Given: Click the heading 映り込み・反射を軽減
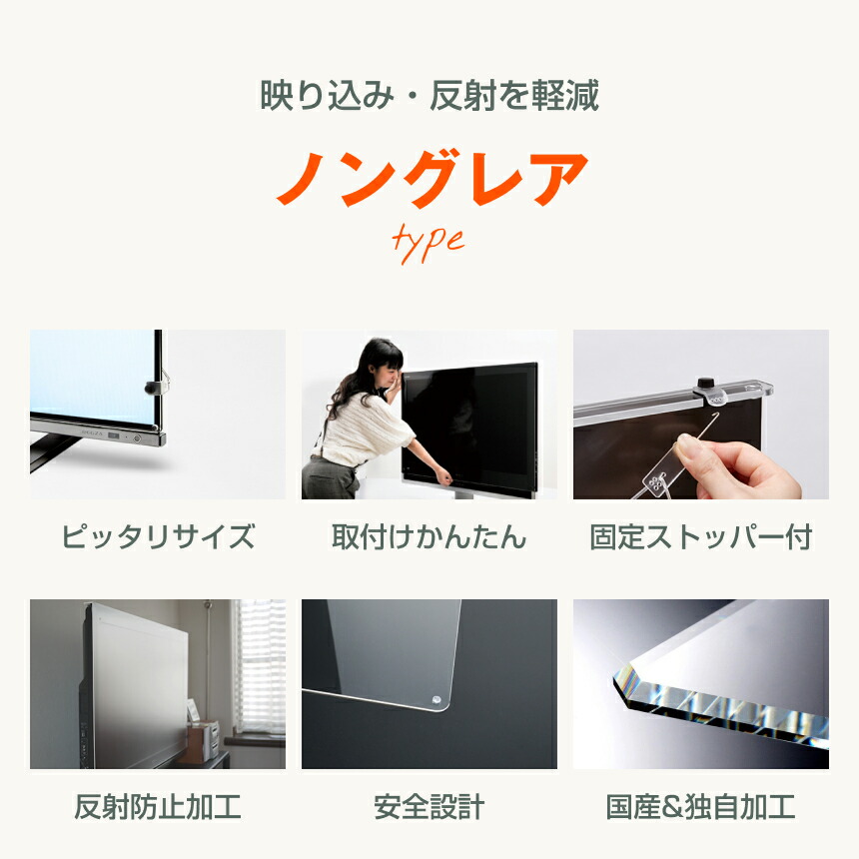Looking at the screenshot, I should (x=429, y=96).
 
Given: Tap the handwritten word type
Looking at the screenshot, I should (x=428, y=241).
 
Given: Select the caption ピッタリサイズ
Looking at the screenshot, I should (x=158, y=537).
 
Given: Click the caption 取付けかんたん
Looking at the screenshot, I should (x=429, y=537).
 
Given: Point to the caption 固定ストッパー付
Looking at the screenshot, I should (x=700, y=537).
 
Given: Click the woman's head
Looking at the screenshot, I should (x=379, y=362).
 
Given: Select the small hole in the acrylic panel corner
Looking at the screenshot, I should (x=436, y=698).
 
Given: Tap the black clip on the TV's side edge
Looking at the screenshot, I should (x=152, y=385).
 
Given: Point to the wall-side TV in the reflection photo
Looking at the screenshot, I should (x=135, y=689).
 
